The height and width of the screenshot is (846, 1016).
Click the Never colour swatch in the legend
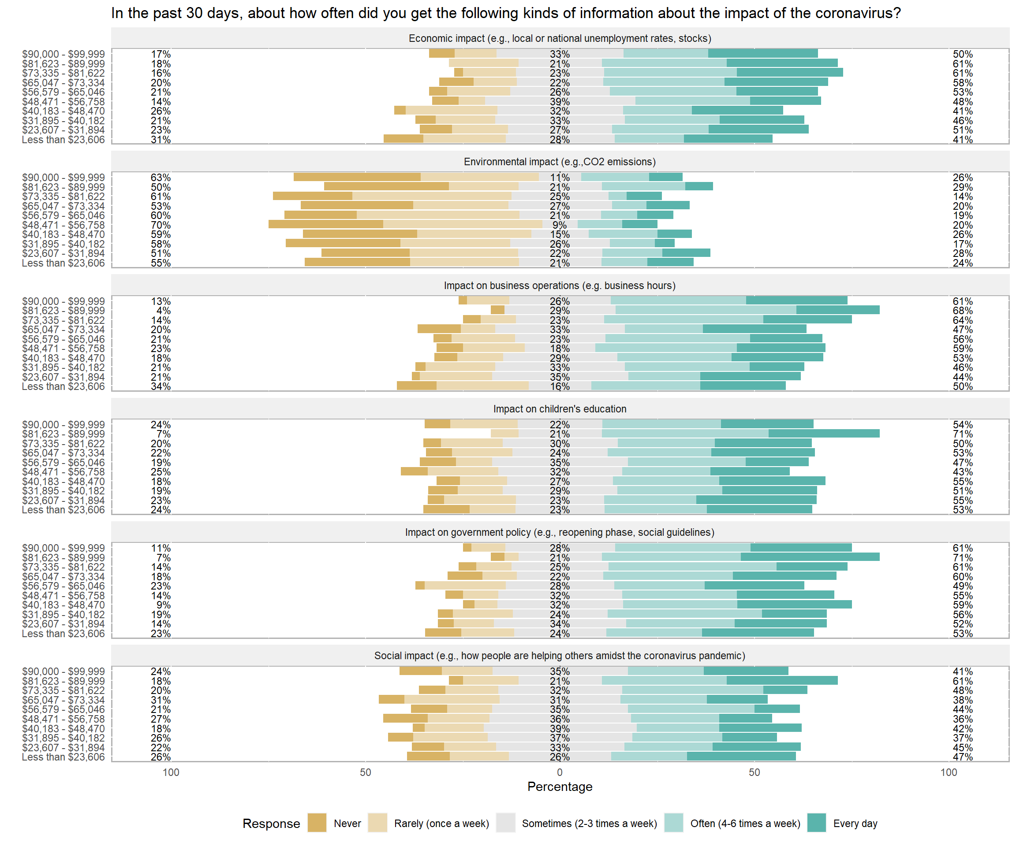(317, 823)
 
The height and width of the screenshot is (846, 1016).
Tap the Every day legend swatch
(816, 823)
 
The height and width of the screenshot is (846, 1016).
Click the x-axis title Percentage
(560, 787)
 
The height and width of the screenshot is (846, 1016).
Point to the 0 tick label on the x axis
(560, 772)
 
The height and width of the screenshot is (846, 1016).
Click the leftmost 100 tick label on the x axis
(171, 772)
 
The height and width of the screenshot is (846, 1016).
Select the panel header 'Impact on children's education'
(560, 409)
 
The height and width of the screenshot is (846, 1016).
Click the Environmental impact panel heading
(560, 162)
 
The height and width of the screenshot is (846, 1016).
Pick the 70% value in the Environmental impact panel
(161, 225)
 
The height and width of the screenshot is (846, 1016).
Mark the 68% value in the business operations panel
(962, 311)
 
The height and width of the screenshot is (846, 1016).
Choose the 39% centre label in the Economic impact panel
(560, 101)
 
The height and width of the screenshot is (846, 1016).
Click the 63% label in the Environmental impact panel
(161, 178)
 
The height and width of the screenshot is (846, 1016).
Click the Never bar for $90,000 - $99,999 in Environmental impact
(357, 177)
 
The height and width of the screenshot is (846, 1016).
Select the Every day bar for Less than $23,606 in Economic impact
(728, 139)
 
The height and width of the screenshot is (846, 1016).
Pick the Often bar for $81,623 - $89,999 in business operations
(706, 310)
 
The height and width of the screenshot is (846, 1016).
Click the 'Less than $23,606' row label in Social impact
(63, 757)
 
